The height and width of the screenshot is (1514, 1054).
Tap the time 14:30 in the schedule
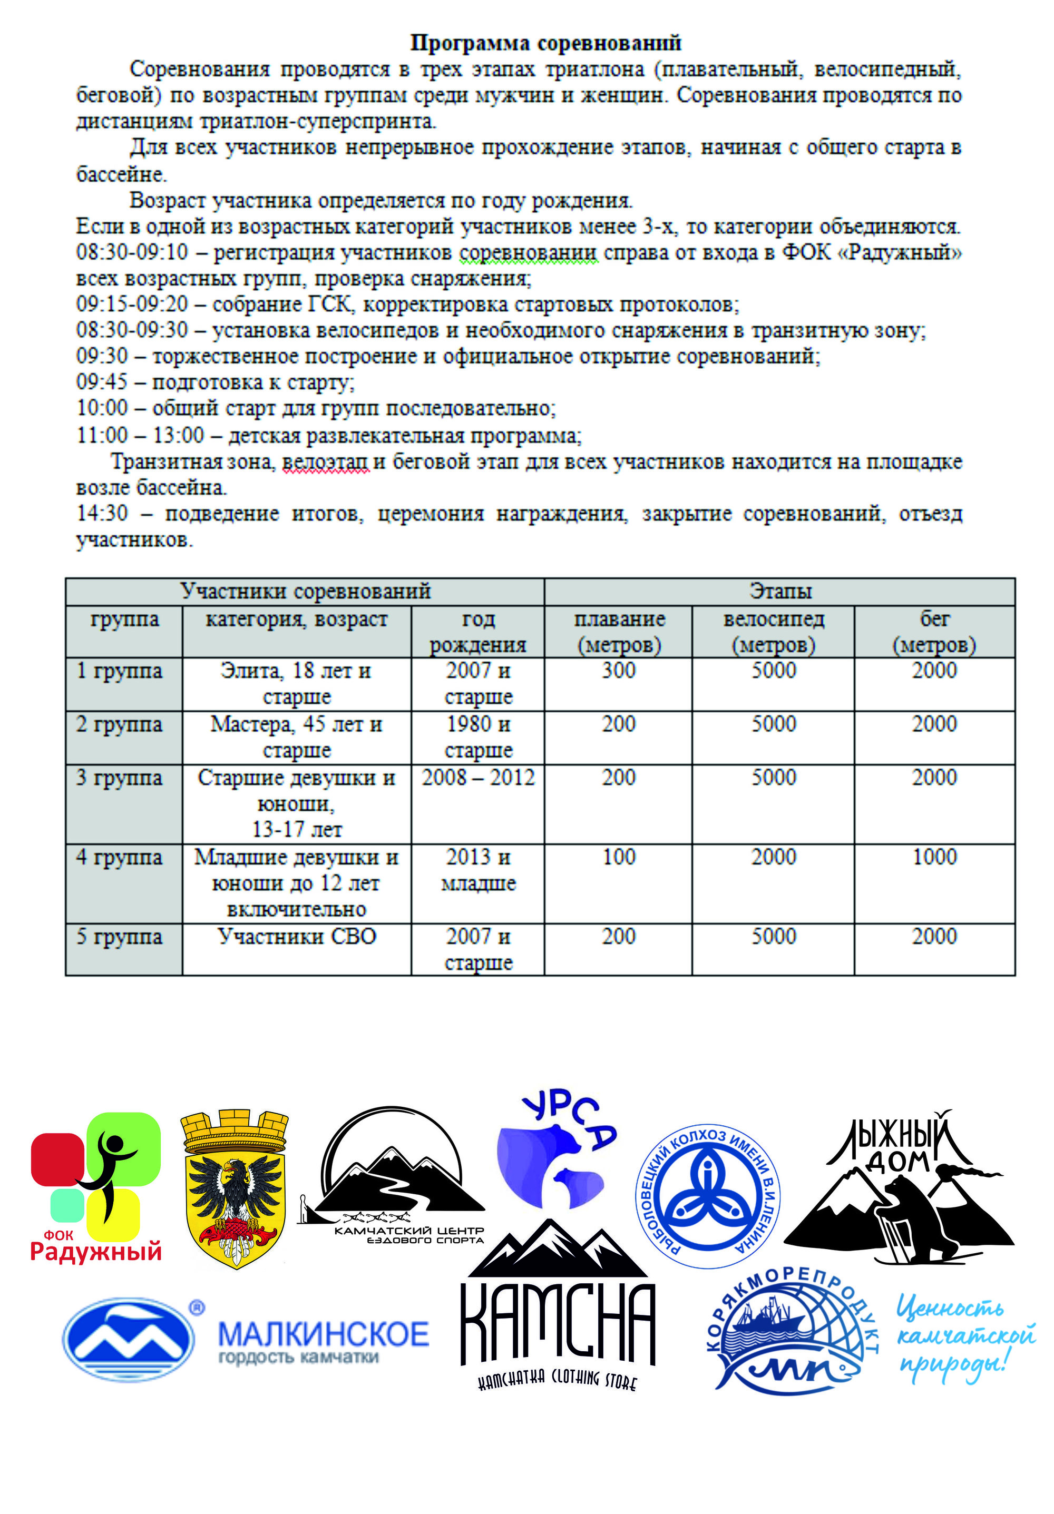(102, 513)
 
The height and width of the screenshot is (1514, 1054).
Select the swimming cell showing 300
(618, 671)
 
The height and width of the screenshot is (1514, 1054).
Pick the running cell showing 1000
(934, 857)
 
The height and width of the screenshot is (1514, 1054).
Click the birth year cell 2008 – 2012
(477, 778)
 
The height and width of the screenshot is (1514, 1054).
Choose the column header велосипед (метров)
(773, 631)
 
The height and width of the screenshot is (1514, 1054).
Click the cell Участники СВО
(297, 936)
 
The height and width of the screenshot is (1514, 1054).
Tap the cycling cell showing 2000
(773, 857)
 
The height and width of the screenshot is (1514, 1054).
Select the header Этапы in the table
(779, 592)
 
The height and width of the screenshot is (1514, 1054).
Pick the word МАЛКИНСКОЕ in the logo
(323, 1334)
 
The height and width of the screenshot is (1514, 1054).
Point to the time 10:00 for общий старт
(102, 408)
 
